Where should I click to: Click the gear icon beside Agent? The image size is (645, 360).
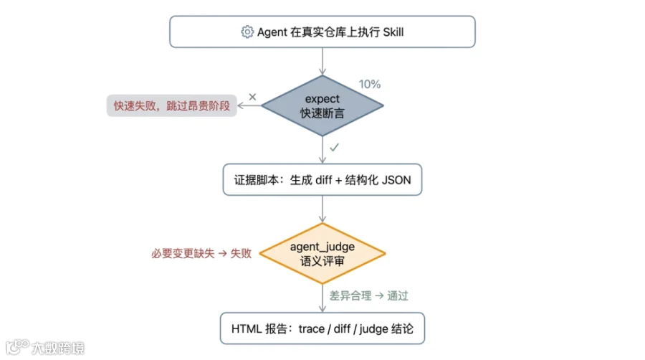[247, 32]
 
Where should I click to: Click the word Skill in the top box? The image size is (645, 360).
[393, 32]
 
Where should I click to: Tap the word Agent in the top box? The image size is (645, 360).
[272, 32]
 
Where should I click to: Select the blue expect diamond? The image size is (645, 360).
[322, 105]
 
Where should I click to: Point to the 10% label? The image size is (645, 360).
[369, 85]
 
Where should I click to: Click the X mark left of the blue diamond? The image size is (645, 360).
[252, 97]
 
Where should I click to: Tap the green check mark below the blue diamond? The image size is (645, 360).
[334, 147]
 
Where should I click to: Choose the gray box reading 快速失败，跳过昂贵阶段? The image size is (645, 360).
[171, 105]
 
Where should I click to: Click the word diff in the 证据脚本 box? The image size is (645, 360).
[323, 180]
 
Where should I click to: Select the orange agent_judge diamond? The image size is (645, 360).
[322, 253]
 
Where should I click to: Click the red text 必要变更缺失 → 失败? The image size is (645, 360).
[201, 253]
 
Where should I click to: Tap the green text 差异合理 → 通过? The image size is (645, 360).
[368, 296]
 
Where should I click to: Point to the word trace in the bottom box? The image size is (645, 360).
[312, 329]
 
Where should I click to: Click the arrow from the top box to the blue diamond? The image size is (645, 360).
[322, 61]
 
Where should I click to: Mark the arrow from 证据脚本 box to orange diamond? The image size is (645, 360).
[322, 209]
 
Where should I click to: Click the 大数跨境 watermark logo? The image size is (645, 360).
[45, 347]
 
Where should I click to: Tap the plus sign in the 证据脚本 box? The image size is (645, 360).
[338, 180]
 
